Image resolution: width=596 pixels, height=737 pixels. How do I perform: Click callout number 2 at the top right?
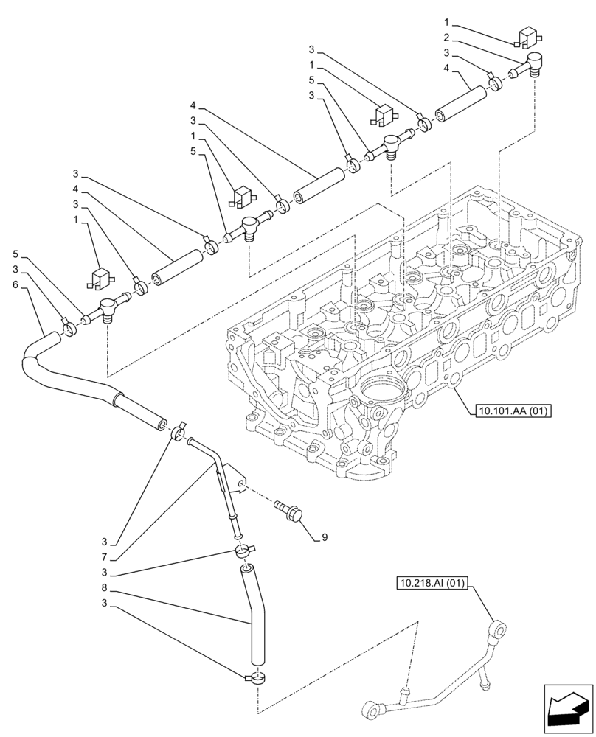[x=446, y=37]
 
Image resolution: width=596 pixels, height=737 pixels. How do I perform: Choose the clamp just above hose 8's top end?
[x=242, y=551]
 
